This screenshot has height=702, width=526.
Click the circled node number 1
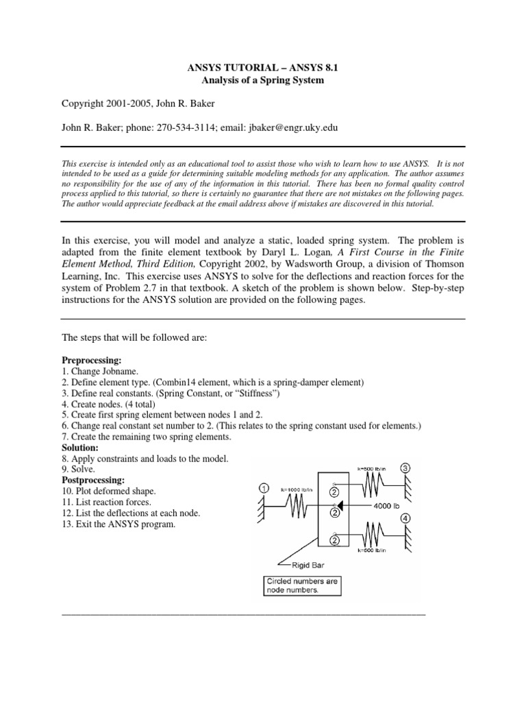[264, 488]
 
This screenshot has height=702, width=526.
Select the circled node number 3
[405, 468]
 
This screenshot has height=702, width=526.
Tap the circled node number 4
[405, 519]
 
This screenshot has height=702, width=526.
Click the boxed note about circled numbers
[303, 586]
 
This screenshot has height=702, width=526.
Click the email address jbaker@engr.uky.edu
[283, 128]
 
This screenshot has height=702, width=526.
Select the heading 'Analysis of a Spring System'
[262, 80]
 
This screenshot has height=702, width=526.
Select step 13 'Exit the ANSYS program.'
[118, 524]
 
